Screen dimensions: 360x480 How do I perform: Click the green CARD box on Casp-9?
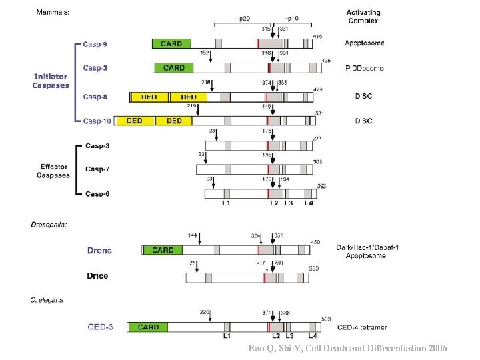pos(171,43)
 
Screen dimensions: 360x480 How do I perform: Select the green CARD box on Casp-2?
pos(173,68)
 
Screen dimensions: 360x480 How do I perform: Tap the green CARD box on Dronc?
pos(163,250)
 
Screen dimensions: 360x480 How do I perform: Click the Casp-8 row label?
pos(95,97)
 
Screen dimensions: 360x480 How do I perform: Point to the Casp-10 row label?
pos(97,121)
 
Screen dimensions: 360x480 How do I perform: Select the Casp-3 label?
pos(97,145)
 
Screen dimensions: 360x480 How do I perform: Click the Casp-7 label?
pos(97,169)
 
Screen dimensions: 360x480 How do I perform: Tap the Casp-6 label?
pos(97,193)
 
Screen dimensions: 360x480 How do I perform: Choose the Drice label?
pos(97,275)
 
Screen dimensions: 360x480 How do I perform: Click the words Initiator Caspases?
pos(51,81)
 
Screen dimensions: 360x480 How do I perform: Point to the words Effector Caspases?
pos(53,171)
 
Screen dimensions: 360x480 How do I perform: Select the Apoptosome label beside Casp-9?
pos(364,43)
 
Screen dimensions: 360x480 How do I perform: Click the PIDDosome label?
pos(364,68)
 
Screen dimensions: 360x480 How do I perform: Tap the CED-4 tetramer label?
pos(363,327)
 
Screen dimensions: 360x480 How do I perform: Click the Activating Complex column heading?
pos(364,17)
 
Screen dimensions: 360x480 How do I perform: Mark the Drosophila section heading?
pos(49,224)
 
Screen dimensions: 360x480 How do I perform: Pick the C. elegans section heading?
pos(47,300)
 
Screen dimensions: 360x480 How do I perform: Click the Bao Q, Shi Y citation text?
pos(347,348)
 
